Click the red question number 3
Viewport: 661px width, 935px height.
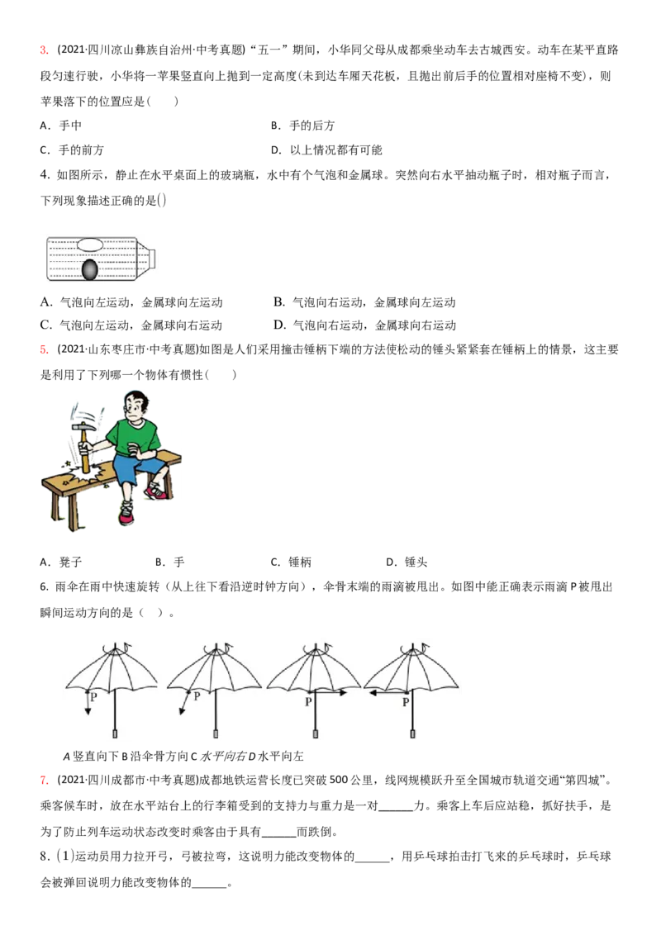[x=44, y=50]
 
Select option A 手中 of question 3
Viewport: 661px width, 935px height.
[x=61, y=126]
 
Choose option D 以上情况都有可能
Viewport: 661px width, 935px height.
[x=326, y=150]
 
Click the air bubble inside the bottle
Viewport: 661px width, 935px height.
[x=91, y=244]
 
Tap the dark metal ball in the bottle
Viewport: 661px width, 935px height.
[x=89, y=270]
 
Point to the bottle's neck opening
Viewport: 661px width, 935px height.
[x=151, y=259]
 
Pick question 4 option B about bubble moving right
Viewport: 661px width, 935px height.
[x=364, y=302]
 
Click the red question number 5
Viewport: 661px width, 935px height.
[x=44, y=349]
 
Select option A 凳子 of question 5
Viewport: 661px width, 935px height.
[x=61, y=562]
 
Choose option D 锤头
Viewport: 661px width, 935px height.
[x=407, y=562]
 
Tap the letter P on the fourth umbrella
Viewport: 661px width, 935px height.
[x=406, y=702]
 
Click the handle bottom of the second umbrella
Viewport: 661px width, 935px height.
[x=216, y=733]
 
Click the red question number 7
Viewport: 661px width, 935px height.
[x=44, y=780]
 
